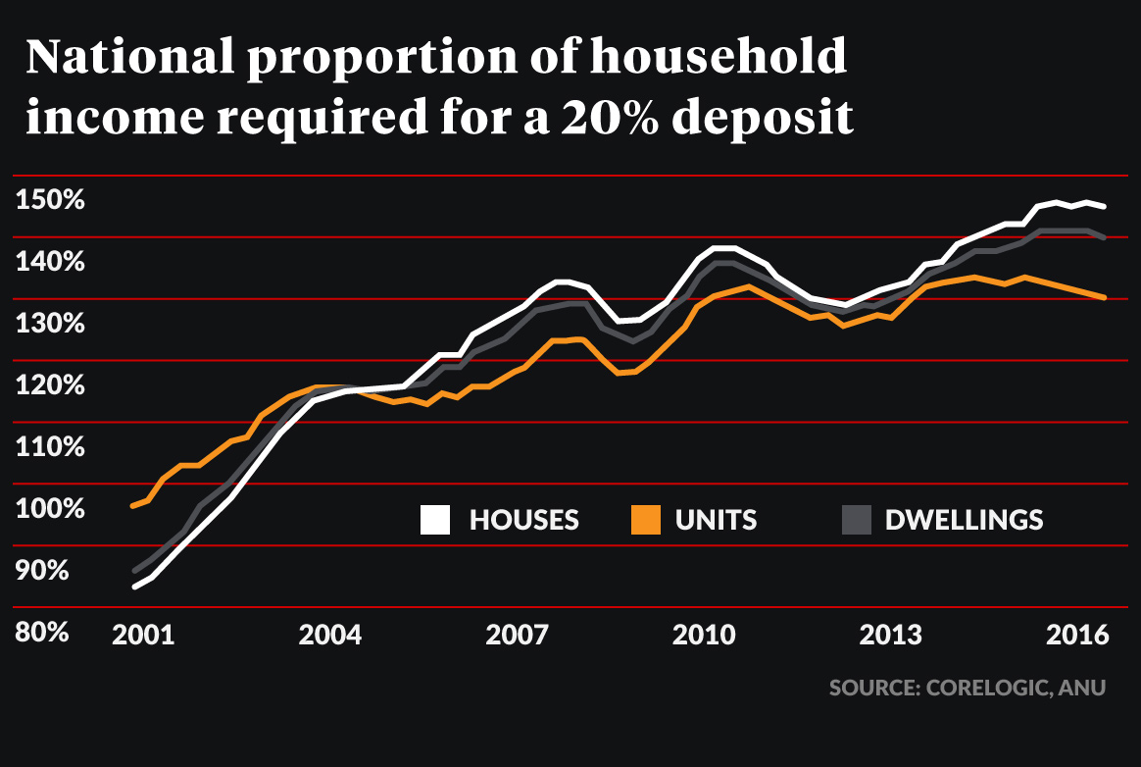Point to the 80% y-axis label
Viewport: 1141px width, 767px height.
point(41,633)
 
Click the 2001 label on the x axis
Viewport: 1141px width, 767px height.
point(143,635)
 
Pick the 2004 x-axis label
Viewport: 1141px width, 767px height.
point(330,635)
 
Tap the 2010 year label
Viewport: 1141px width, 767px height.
point(704,635)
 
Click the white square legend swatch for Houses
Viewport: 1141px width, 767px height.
point(435,520)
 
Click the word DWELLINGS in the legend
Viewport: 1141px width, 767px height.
point(964,520)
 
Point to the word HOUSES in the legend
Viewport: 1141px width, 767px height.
point(524,520)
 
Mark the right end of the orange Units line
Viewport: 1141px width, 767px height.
point(1105,297)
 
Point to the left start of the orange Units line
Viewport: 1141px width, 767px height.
point(133,505)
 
